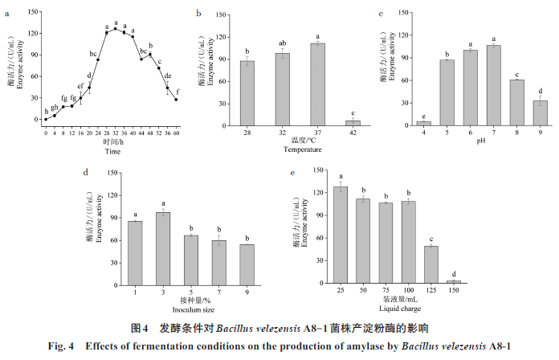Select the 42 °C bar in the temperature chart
pos(353,123)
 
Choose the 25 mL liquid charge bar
pos(341,235)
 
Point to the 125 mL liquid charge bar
pos(430,265)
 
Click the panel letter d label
pos(85,171)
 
